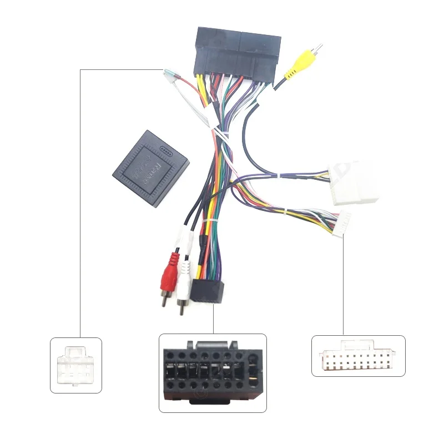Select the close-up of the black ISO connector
213,372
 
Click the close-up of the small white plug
76,365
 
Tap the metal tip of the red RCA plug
165,302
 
